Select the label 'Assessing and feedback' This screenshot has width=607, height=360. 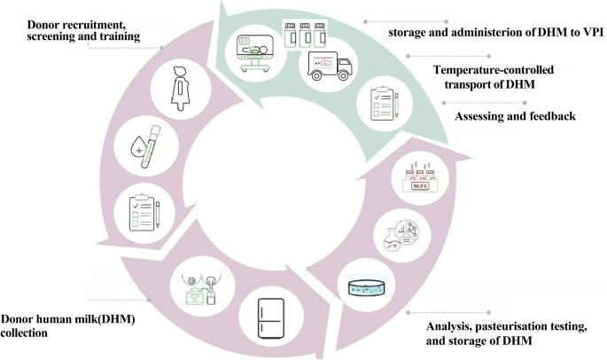[x=517, y=116]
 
